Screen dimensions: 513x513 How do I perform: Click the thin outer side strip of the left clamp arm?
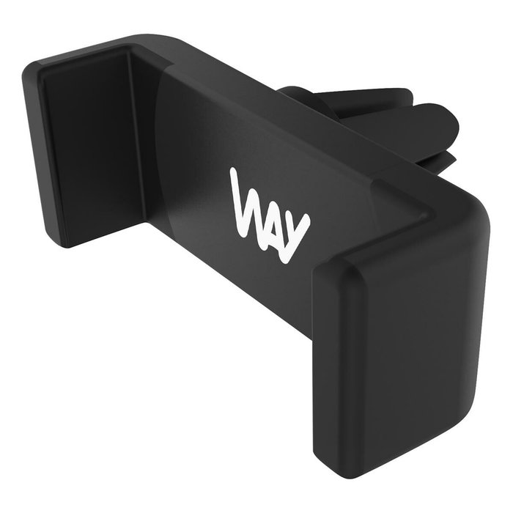34,147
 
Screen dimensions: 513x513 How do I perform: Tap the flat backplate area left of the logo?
191,183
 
